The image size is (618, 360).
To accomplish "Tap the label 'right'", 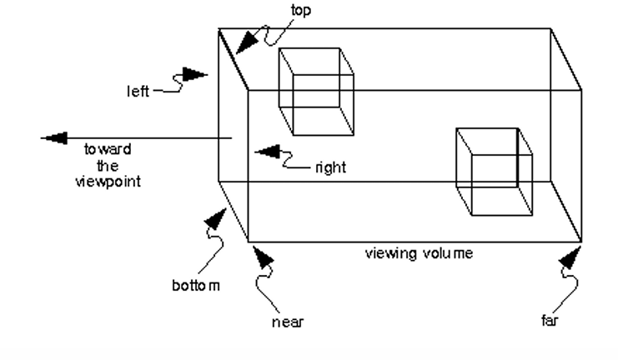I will [x=330, y=167].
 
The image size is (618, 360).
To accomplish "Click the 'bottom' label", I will [x=197, y=286].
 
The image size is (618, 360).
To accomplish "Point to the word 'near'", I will [x=288, y=321].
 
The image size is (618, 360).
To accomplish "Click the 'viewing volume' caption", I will [x=419, y=253].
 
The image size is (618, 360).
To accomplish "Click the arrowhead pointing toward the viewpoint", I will [x=55, y=138].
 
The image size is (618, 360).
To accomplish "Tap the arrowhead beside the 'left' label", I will [x=193, y=75].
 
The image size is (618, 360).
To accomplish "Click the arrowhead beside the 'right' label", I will [x=267, y=151].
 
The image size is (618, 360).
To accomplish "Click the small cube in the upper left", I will [x=315, y=90].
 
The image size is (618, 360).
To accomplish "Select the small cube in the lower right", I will [x=494, y=172].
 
